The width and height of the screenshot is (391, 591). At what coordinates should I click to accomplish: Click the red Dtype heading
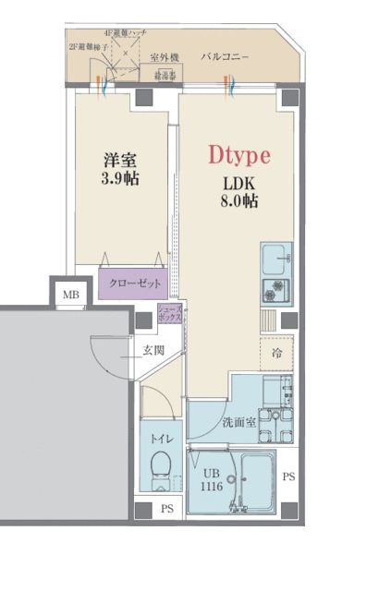pos(238,155)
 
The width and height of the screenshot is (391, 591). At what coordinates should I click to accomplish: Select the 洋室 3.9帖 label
pos(120,168)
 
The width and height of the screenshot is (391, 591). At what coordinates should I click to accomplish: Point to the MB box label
pos(70,295)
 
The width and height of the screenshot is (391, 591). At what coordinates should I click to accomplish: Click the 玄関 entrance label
pos(153,350)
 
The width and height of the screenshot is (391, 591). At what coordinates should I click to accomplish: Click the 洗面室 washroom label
pos(238,423)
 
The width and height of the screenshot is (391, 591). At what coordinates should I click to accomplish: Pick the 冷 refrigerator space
pos(276,354)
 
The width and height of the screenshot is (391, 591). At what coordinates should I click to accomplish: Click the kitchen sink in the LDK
pos(275,256)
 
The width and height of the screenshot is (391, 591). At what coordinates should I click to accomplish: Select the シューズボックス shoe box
pos(170,313)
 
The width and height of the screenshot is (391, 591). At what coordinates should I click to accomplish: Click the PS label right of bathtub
pos(288,477)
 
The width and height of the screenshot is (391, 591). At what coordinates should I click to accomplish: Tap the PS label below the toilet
pos(166,509)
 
